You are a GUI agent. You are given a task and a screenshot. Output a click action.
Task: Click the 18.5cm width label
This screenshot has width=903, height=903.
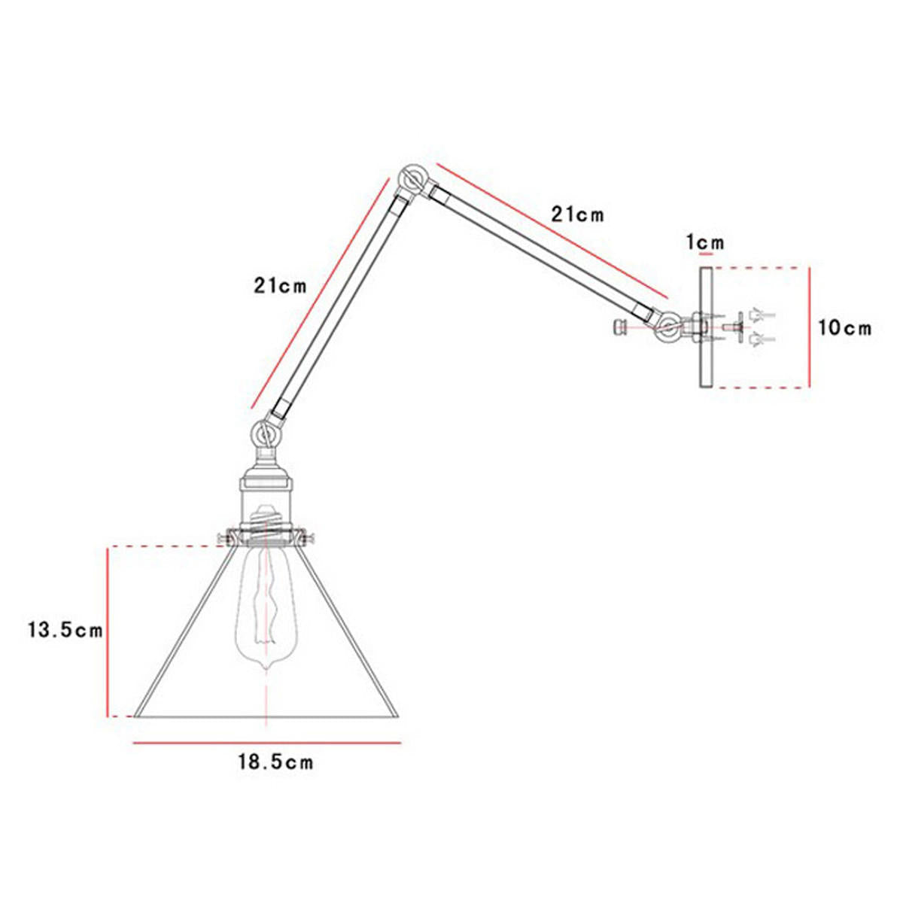[x=275, y=762]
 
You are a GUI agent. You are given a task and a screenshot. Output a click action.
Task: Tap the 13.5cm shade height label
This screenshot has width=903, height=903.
[x=65, y=630]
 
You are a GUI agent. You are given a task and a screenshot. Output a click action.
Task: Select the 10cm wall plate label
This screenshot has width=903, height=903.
[x=844, y=328]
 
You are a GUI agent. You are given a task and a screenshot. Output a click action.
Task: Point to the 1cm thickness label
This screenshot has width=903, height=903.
[x=705, y=242]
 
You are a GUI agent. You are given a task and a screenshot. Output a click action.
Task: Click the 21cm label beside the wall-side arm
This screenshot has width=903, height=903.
[x=577, y=214]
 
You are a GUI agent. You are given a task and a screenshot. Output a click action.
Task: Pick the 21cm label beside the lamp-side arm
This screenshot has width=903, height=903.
[x=281, y=286]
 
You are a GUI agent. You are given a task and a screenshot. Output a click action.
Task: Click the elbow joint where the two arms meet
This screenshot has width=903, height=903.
[x=412, y=179]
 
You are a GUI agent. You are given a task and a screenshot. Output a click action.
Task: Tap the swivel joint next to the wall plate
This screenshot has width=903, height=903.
[x=668, y=328]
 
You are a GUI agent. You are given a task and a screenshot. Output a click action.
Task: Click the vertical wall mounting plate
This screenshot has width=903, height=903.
[x=705, y=328]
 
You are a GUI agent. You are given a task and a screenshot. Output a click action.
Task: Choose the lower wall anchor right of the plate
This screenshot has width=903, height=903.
[x=756, y=340]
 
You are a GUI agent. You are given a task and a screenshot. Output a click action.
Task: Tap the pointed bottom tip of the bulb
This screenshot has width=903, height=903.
[x=265, y=668]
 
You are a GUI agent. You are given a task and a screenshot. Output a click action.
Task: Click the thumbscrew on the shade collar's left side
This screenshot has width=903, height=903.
[x=223, y=538]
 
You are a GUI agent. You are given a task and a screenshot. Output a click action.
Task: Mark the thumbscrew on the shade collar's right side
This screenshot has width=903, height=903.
[x=307, y=538]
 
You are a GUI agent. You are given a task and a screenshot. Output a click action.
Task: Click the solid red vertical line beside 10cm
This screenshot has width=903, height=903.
[x=810, y=328]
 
